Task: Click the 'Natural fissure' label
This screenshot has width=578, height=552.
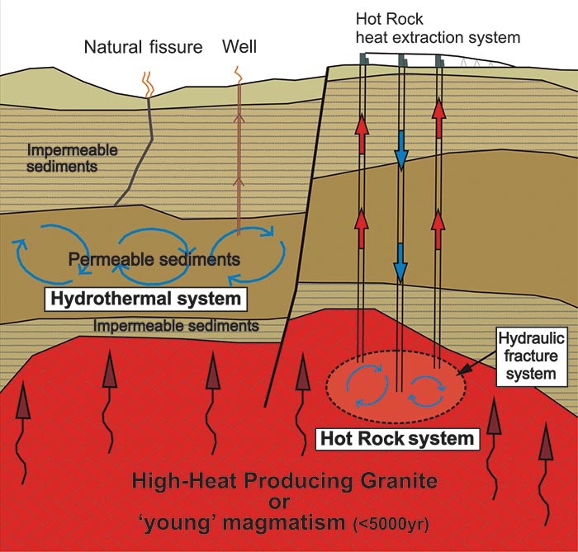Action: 143,47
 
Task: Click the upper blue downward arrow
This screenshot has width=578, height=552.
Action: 400,151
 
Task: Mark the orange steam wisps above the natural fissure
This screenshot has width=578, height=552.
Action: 147,83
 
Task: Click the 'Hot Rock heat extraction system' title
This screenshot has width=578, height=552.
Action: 437,27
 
